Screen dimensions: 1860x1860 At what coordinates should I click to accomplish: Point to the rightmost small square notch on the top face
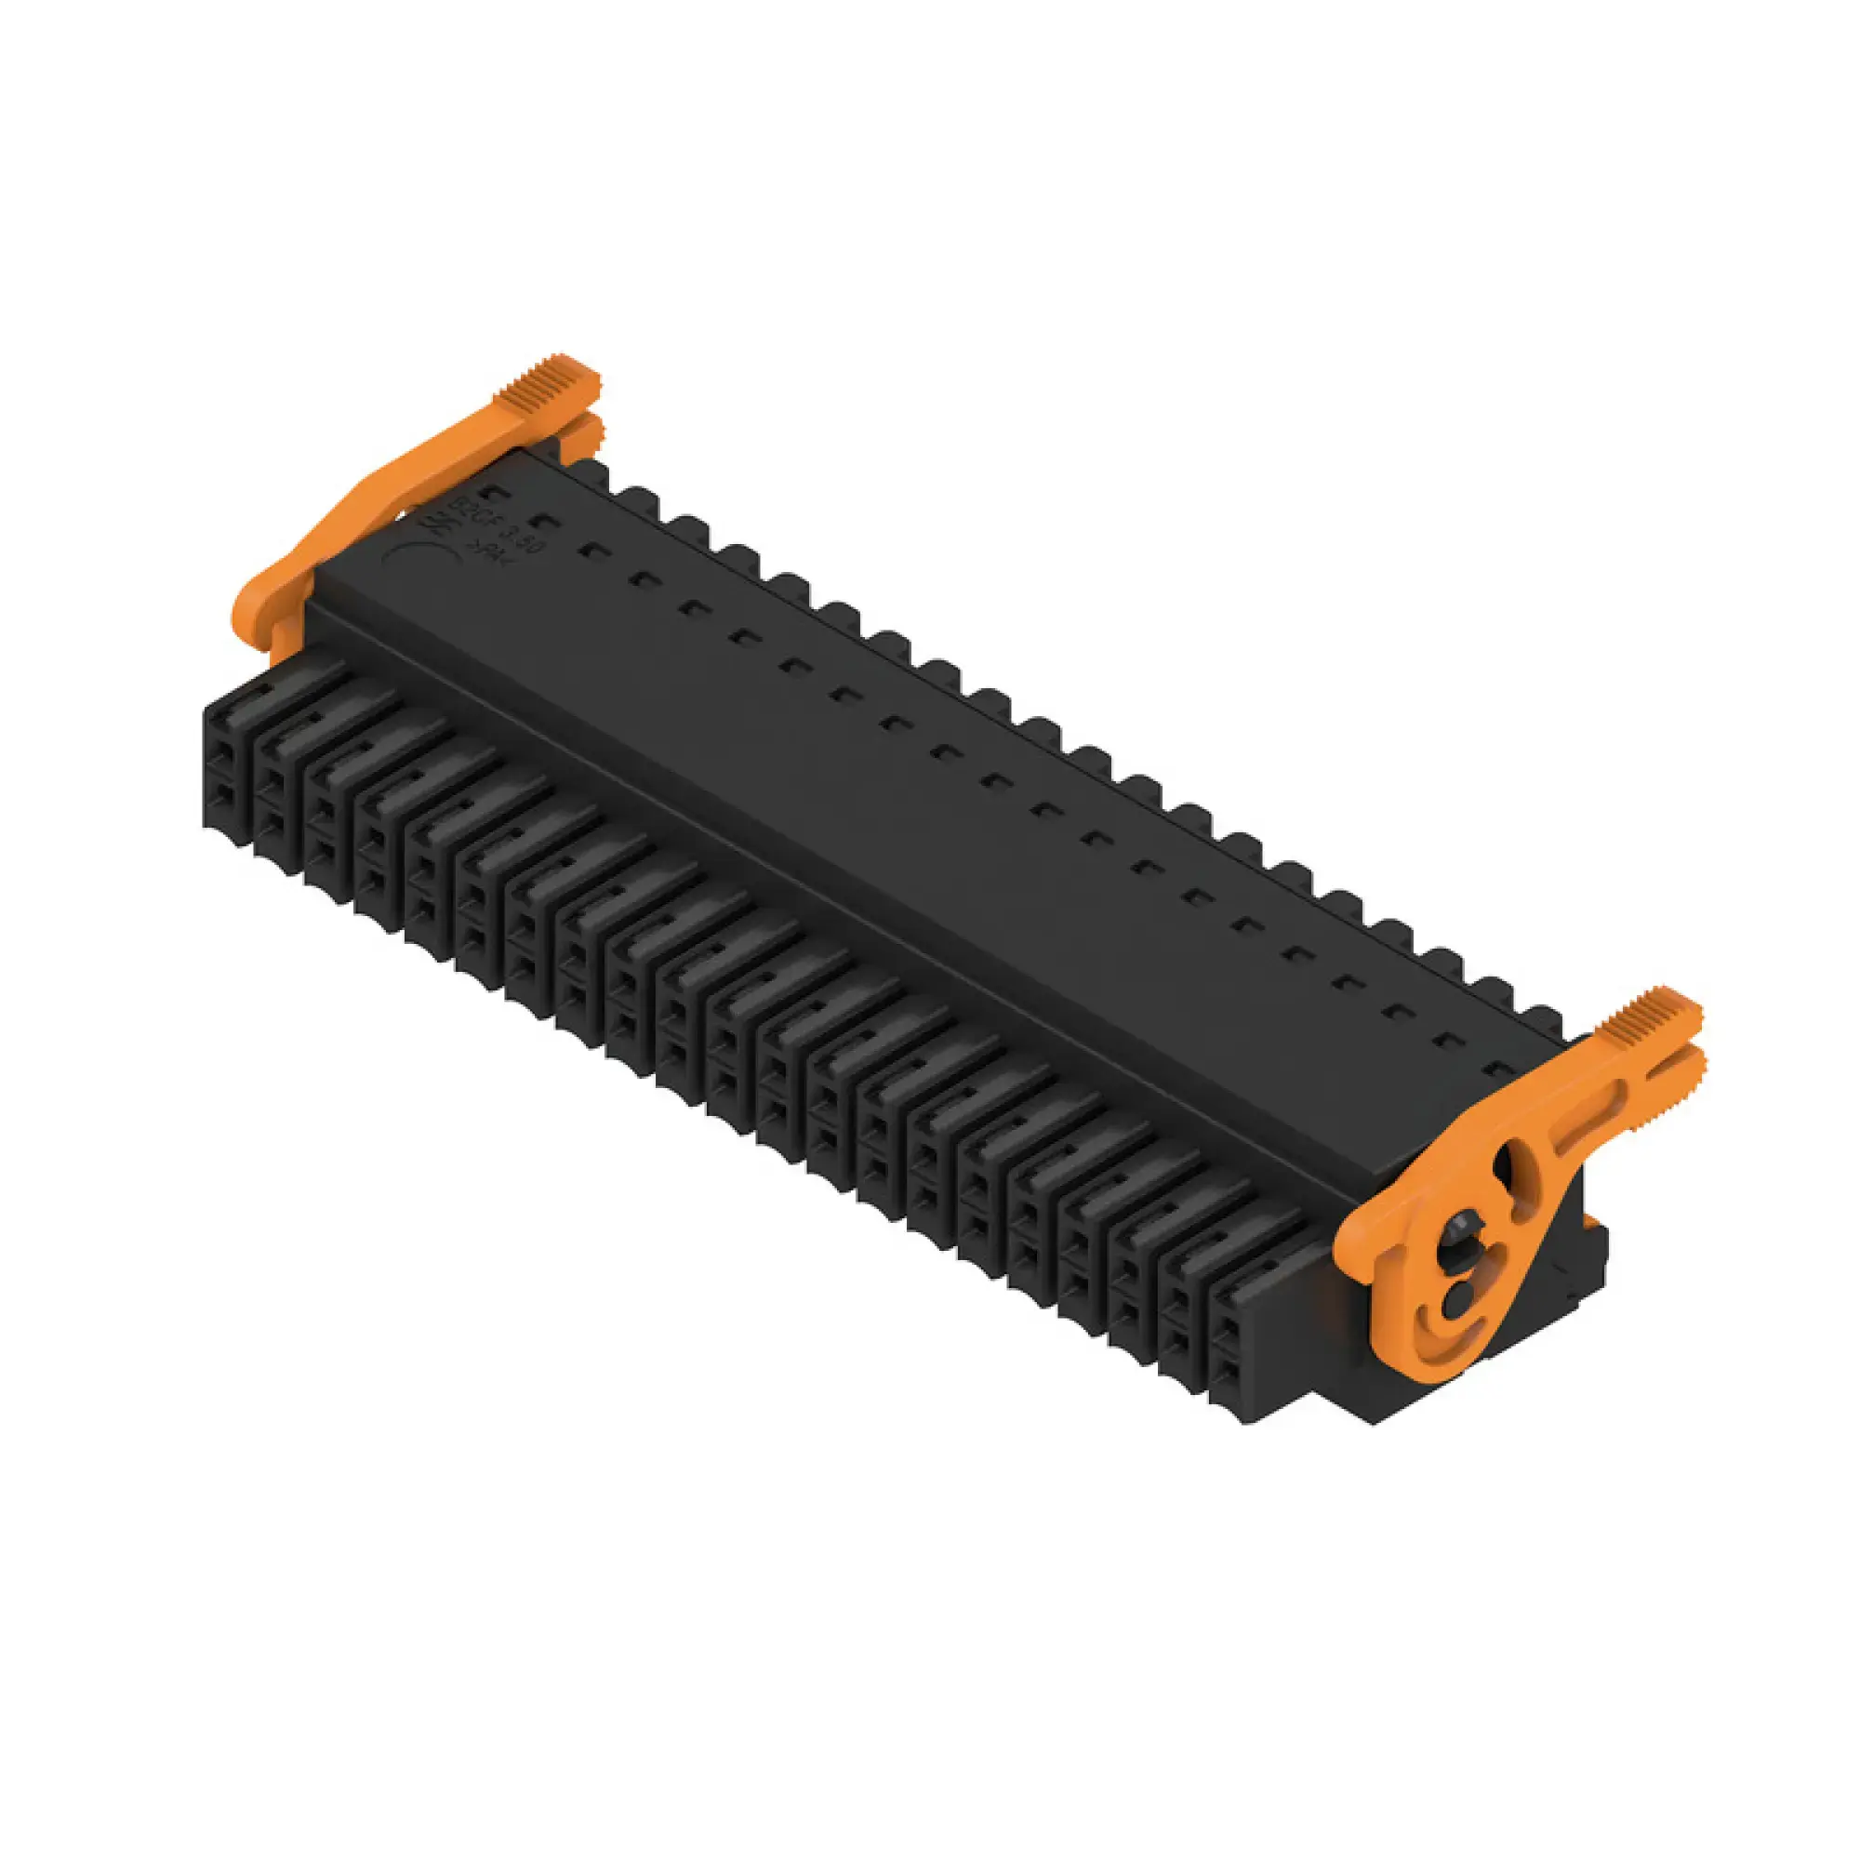click(1499, 1069)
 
